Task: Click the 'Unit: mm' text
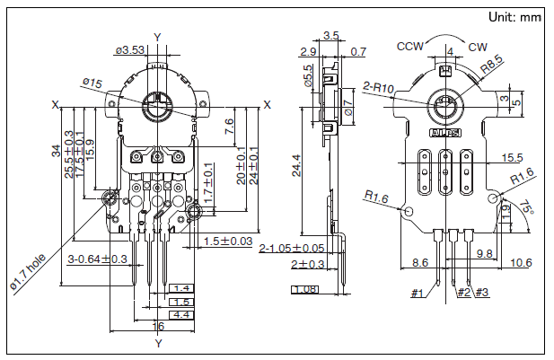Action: tap(514, 17)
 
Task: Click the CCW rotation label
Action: tap(411, 45)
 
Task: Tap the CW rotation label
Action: tap(478, 46)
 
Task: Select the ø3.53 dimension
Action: tap(132, 49)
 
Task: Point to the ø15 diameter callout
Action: tap(92, 83)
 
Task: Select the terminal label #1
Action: tap(418, 293)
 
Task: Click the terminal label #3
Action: tap(482, 293)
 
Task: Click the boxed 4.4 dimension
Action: tap(181, 315)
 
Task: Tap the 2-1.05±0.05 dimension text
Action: tap(292, 248)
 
